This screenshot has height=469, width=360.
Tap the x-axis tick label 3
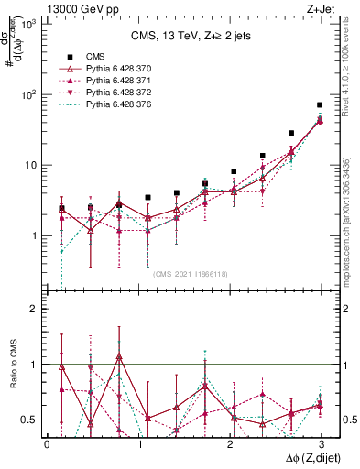tap(320, 443)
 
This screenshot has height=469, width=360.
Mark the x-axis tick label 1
tap(137, 443)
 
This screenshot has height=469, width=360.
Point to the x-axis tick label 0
tap(47, 443)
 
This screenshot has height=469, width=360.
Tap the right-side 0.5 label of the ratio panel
tap(347, 420)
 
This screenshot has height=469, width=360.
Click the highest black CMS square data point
tap(320, 105)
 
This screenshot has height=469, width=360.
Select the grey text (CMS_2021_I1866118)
tap(190, 273)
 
